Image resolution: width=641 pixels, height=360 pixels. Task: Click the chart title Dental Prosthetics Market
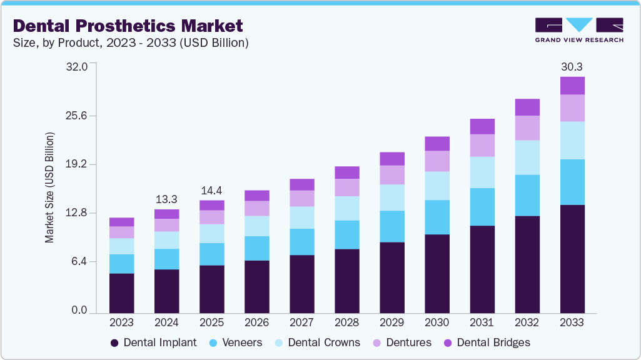[x=127, y=26]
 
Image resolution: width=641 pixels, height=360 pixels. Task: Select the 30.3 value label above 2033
[x=572, y=66]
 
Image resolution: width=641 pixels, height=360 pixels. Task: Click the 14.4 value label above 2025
[x=211, y=190]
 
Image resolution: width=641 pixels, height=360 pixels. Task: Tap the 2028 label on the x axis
[x=346, y=322]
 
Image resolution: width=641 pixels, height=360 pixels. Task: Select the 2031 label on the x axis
[x=482, y=322]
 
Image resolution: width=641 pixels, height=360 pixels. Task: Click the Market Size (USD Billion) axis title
[x=49, y=187]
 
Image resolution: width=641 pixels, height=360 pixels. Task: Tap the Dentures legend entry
[x=403, y=342]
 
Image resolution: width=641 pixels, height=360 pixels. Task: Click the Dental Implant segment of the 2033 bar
[x=572, y=259]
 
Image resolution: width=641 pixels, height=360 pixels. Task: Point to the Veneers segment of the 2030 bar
[x=437, y=217]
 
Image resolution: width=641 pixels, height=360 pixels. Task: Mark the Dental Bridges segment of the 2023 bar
[x=121, y=222]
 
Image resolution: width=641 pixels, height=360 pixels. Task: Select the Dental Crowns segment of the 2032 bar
[x=527, y=157]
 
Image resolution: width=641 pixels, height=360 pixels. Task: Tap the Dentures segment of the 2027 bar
[x=301, y=198]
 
